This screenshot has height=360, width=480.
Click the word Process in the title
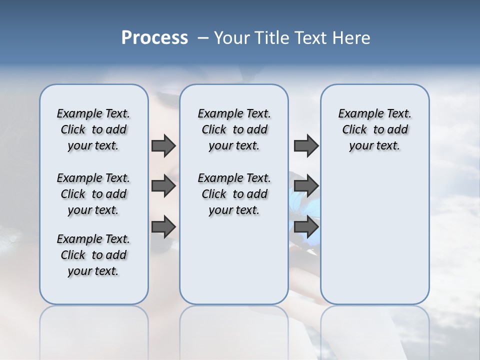click(154, 38)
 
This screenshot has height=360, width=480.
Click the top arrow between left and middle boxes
click(163, 145)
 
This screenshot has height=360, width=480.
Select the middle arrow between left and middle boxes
click(163, 186)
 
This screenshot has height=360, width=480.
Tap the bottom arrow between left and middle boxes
click(163, 226)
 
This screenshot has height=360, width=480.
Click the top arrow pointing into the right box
click(306, 145)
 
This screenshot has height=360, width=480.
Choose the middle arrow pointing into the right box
click(306, 186)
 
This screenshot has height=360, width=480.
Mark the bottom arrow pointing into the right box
click(306, 226)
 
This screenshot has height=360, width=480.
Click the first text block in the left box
click(93, 129)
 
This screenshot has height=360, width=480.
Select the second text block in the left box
click(93, 194)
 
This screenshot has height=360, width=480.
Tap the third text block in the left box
click(93, 255)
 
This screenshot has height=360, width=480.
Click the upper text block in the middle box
click(234, 129)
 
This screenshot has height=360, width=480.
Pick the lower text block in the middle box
click(234, 194)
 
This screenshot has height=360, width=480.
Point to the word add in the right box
click(397, 130)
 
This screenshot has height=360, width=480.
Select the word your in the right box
click(359, 146)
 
